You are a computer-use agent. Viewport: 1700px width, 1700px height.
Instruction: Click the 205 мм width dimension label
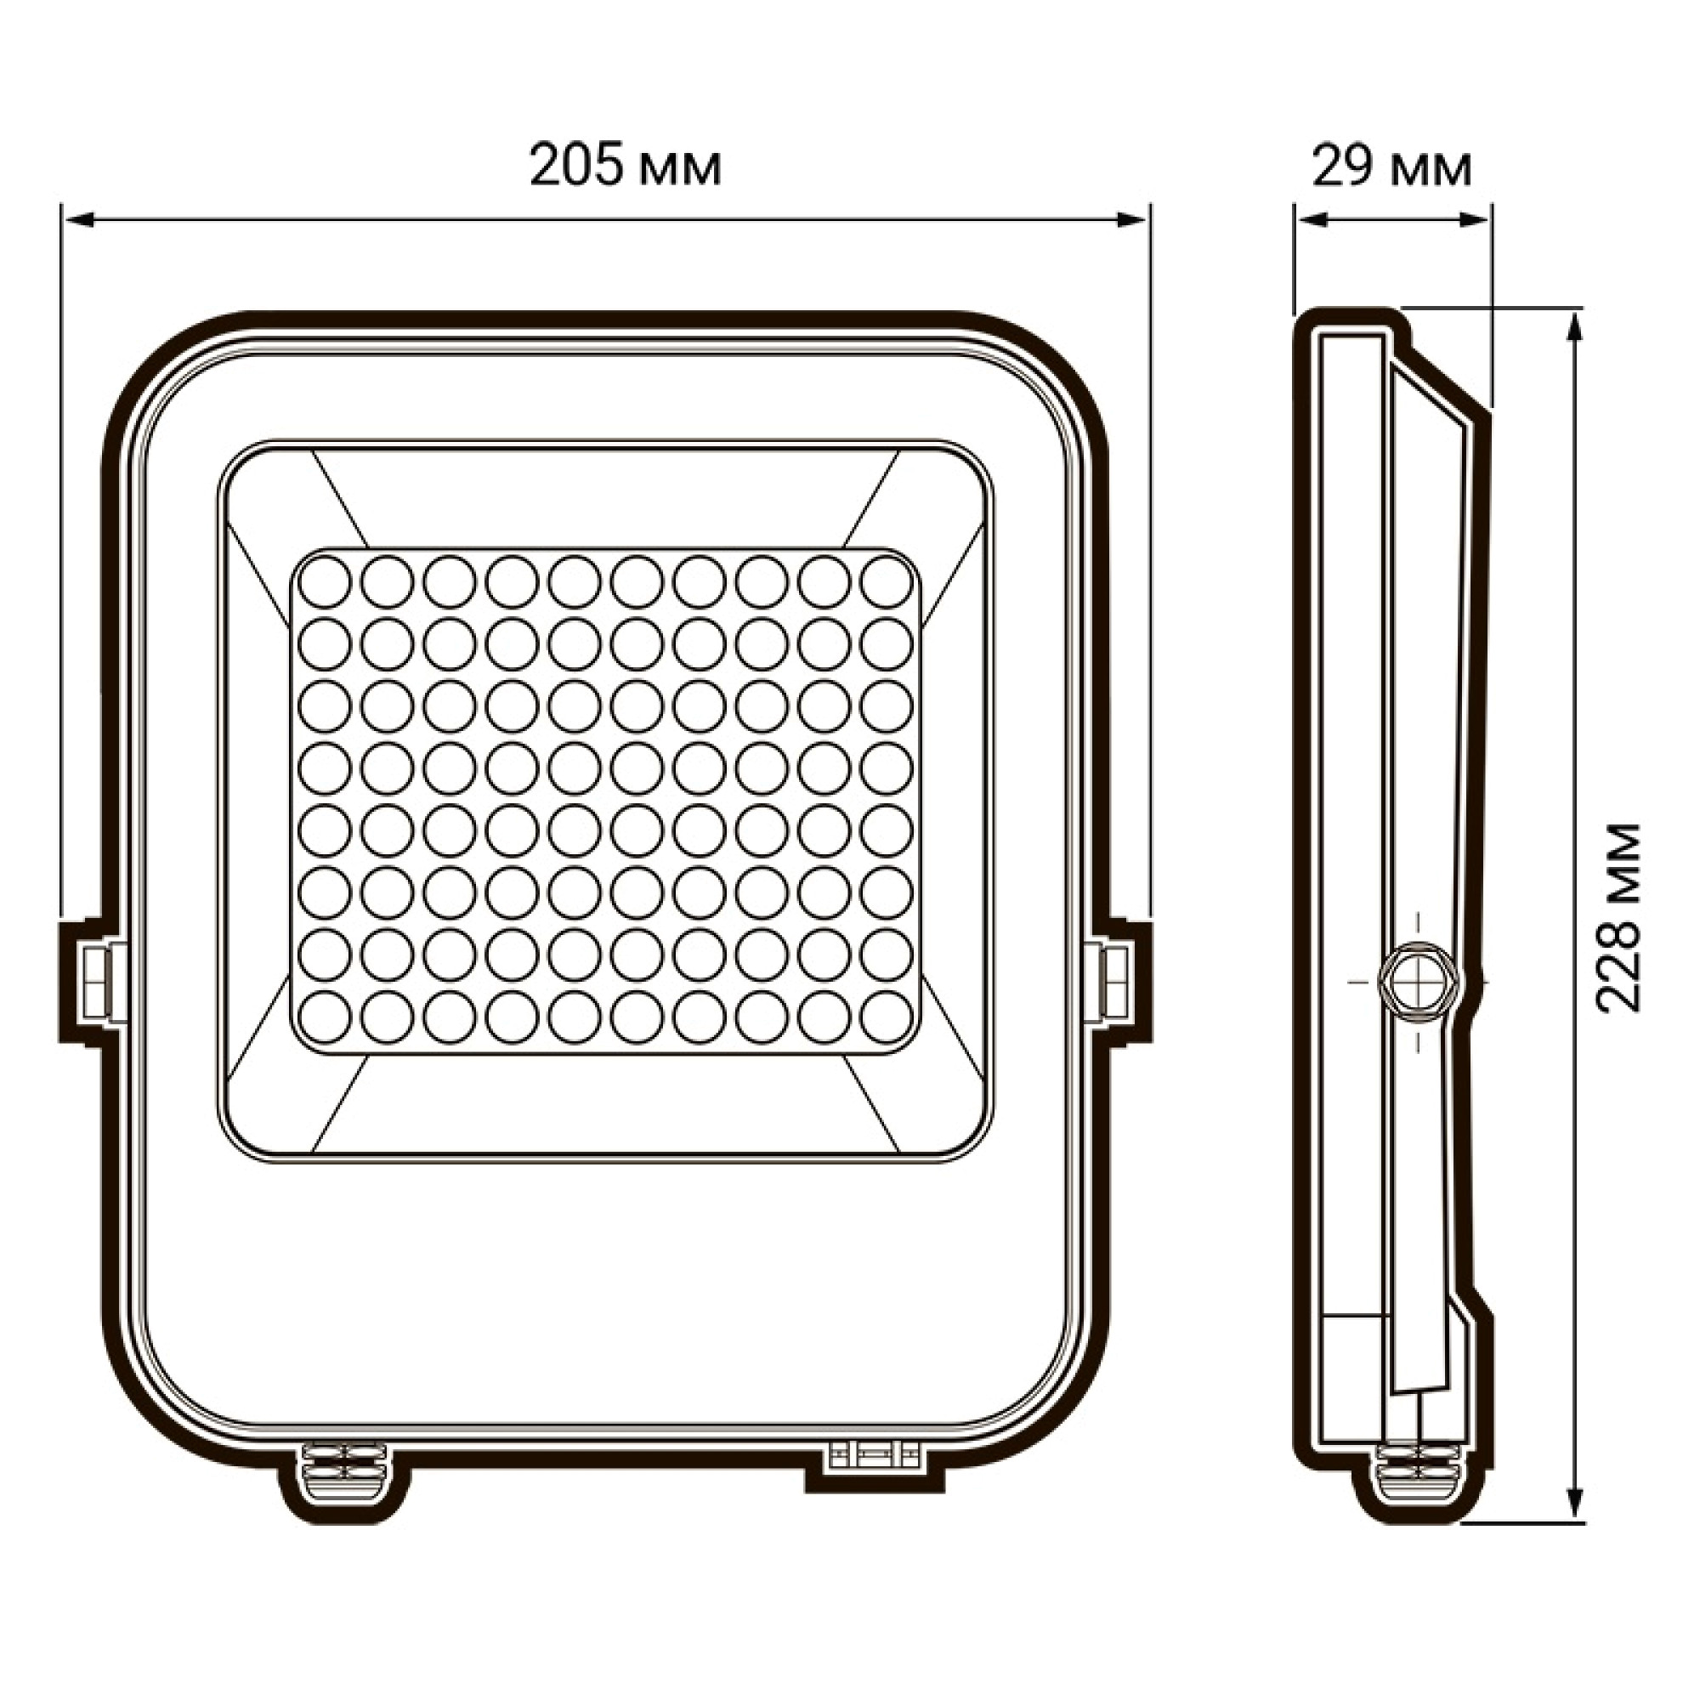[625, 167]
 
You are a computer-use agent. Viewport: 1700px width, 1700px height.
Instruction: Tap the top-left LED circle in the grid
[324, 581]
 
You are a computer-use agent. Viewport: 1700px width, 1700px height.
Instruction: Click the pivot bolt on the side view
[1418, 978]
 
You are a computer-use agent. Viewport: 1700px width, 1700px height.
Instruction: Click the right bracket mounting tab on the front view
[1119, 980]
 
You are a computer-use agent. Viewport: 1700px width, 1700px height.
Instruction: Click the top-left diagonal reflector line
[339, 497]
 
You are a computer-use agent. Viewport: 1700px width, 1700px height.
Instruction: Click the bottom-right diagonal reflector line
[871, 1104]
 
